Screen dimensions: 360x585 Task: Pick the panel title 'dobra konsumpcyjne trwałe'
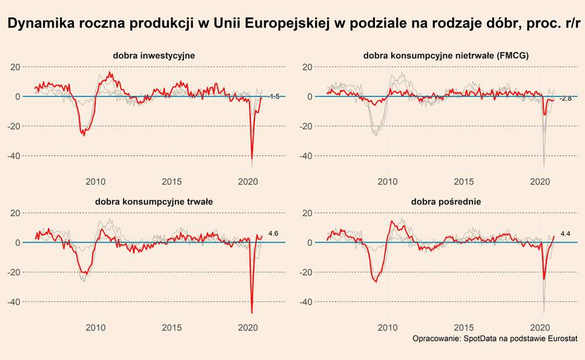click(x=154, y=201)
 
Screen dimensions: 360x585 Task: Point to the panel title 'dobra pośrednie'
click(x=446, y=201)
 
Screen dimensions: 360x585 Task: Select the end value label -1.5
click(x=275, y=97)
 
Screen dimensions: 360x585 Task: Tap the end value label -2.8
click(x=565, y=99)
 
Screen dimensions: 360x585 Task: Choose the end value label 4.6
click(x=274, y=233)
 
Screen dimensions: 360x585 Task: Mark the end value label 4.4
click(x=565, y=233)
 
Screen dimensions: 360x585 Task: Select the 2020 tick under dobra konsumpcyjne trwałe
click(x=248, y=328)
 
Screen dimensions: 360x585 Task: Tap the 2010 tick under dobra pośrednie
click(x=387, y=328)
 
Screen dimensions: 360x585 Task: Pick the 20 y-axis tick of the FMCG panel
click(x=307, y=67)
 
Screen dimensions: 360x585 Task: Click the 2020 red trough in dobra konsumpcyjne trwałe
click(x=252, y=312)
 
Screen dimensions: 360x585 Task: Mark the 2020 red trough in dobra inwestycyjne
click(x=252, y=160)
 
